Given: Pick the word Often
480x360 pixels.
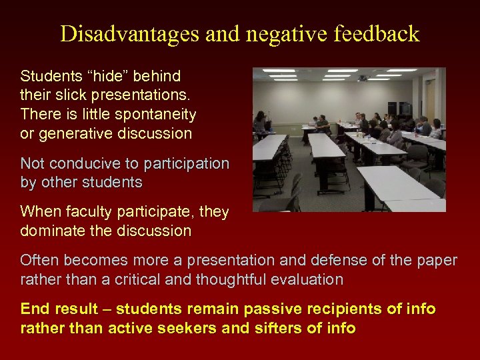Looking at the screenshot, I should click(39, 260).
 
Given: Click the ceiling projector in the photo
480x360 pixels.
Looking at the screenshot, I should click(361, 79).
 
